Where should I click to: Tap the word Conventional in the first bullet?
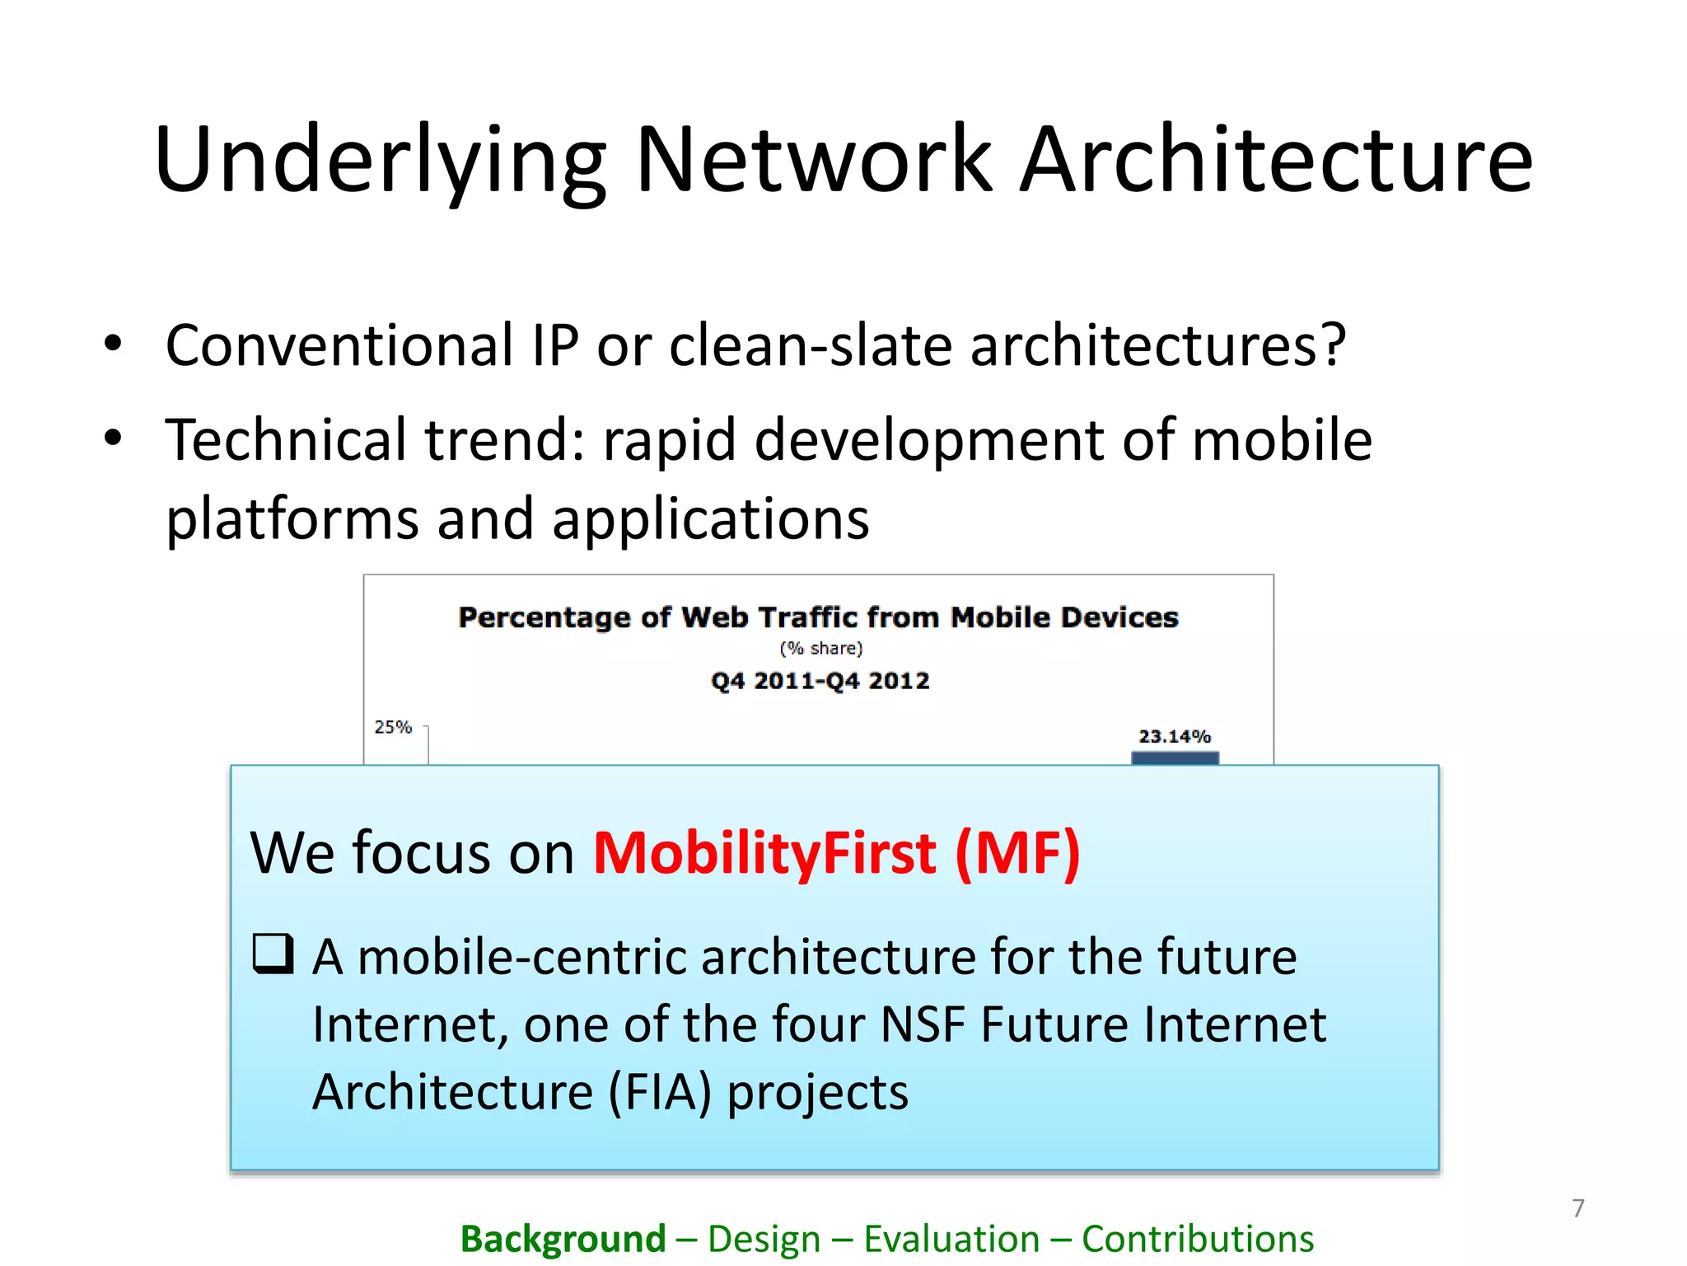tap(339, 345)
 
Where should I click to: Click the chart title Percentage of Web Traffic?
tap(818, 617)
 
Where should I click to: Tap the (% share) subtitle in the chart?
tap(820, 649)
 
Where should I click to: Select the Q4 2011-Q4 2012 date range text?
tap(820, 681)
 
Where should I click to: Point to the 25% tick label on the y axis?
tap(393, 727)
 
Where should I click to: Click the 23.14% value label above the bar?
tap(1174, 736)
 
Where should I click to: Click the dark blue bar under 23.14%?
tap(1175, 758)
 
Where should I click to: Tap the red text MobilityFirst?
tap(764, 853)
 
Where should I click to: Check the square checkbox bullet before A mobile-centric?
tap(273, 954)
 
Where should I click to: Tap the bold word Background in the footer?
tap(563, 1239)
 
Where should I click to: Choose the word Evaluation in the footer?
tap(951, 1239)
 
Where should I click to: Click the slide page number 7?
tap(1577, 1208)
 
